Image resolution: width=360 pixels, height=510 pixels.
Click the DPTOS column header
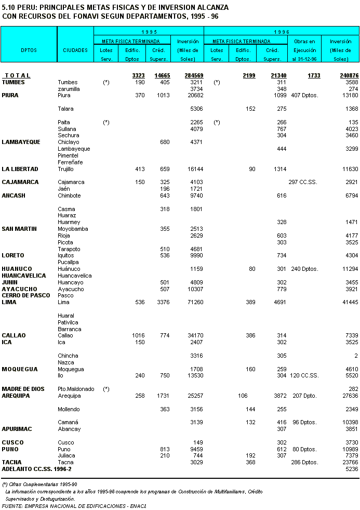pos(29,50)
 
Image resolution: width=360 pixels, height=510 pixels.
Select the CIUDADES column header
pos(75,50)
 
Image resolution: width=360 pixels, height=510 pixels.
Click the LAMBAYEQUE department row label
pos(21,142)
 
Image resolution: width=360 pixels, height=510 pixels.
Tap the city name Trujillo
pos(66,169)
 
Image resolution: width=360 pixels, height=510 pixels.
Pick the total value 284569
pos(194,76)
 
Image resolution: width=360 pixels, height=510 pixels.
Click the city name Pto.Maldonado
pos(76,389)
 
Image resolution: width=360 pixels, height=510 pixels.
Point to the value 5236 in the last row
pos(352,469)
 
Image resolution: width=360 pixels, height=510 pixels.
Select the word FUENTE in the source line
pos(12,506)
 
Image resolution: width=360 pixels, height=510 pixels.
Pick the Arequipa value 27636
pos(351,396)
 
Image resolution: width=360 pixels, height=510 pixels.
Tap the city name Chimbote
pos(69,195)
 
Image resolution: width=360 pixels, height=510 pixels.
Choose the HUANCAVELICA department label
pos(24,276)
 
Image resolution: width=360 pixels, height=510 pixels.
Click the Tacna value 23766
pos(351,462)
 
